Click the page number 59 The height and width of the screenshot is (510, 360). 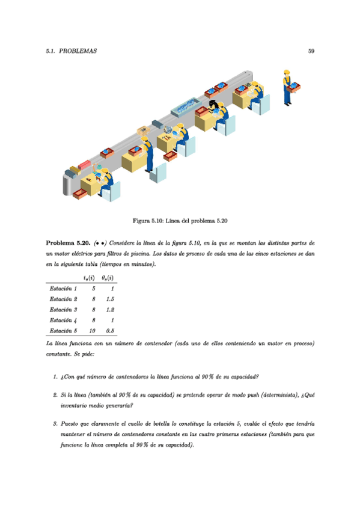tap(311, 51)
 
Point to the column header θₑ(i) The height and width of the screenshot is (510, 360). tap(108, 277)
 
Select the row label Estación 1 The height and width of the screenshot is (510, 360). tap(63, 289)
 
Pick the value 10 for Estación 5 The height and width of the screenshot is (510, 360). tap(92, 330)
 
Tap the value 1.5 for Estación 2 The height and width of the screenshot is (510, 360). tap(110, 299)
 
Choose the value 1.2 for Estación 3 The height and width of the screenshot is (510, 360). tap(110, 309)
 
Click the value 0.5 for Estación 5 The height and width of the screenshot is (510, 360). tap(110, 330)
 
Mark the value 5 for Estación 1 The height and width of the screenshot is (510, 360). tap(94, 289)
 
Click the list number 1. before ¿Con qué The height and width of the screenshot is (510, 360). tap(55, 378)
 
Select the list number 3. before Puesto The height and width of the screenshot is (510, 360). tap(55, 425)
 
